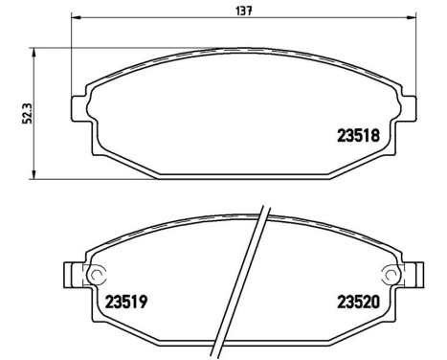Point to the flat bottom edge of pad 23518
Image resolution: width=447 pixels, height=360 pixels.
[x=244, y=175]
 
